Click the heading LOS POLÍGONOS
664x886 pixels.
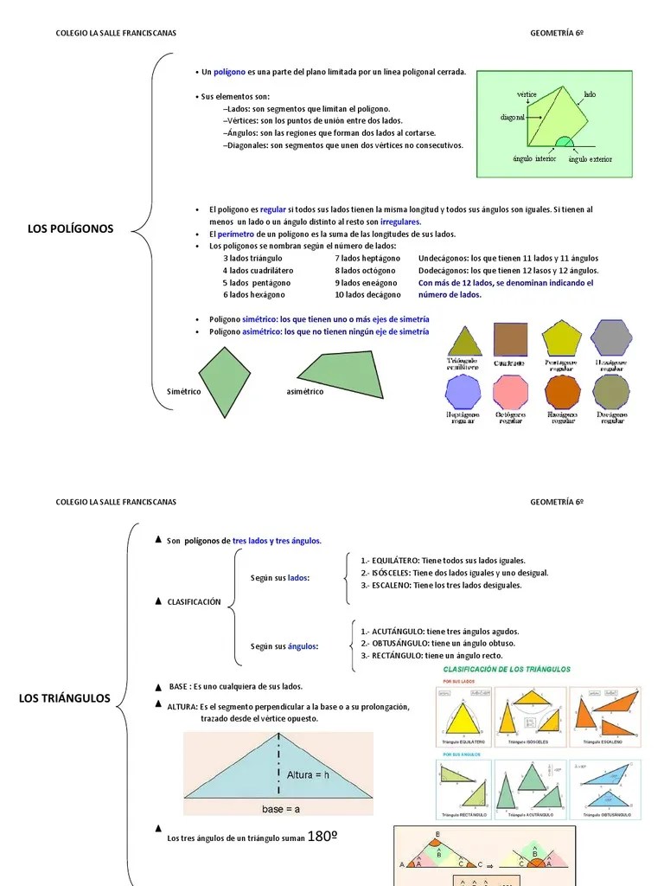71,229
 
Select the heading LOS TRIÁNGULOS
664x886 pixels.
65,698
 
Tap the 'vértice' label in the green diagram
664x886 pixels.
527,93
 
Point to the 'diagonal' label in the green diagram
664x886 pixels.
513,117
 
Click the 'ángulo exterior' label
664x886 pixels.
591,159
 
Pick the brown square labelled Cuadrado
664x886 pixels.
510,340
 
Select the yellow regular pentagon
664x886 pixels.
561,338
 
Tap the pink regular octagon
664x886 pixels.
510,392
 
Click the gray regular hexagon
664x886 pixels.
611,338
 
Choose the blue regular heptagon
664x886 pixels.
463,392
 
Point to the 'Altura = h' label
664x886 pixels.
308,775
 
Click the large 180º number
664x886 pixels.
322,838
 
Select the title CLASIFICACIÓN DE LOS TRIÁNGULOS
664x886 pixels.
507,669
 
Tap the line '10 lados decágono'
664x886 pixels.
367,295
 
